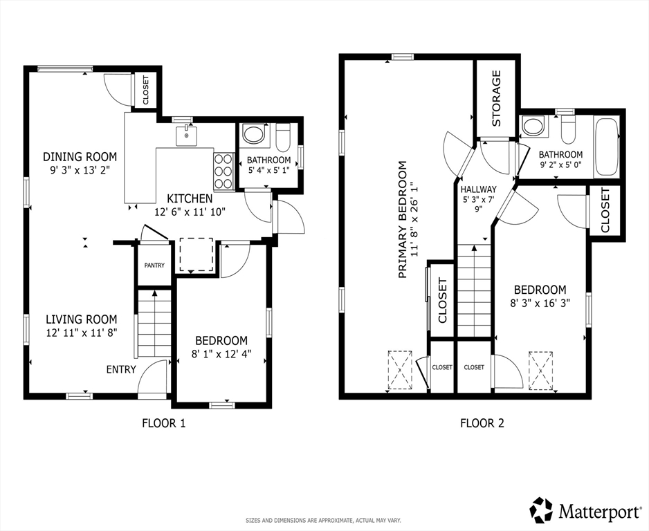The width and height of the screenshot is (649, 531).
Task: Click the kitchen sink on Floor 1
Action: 187,136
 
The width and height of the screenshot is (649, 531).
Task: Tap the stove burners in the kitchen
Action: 223,170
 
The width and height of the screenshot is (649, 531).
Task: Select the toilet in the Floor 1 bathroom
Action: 283,138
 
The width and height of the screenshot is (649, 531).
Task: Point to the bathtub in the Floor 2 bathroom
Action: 606,147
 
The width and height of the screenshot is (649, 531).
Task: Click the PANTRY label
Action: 154,265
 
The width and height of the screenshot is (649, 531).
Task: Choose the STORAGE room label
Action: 496,98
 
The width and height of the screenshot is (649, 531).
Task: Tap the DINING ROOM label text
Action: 80,157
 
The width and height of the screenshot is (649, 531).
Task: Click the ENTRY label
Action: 121,369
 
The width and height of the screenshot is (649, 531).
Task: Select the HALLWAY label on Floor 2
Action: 479,189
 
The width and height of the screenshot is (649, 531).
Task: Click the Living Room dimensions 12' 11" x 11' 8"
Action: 82,333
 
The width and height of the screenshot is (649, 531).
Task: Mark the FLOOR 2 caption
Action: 482,423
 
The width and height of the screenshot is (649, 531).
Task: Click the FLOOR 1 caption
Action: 164,423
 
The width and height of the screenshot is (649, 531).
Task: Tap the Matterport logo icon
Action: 542,510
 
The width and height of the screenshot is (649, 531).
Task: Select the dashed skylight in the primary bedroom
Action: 400,370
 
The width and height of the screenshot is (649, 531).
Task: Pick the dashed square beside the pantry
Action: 196,254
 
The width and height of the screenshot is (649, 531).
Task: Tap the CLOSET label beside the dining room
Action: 146,90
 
